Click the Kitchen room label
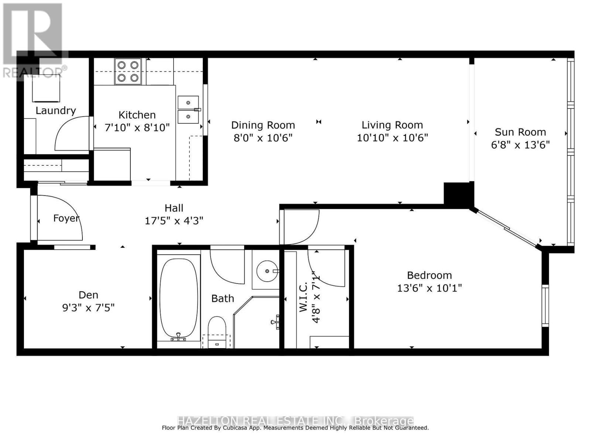[137, 115]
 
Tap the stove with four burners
[128, 71]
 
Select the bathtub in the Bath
[178, 298]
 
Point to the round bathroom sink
[267, 271]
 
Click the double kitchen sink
[188, 110]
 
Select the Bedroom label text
[429, 275]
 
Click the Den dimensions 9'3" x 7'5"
[88, 308]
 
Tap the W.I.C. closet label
[303, 297]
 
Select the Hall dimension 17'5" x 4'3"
[174, 221]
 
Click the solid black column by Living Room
[458, 193]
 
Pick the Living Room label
[392, 125]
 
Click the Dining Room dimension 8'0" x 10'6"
[263, 138]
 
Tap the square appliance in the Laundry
[46, 89]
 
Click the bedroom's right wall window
[545, 305]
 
